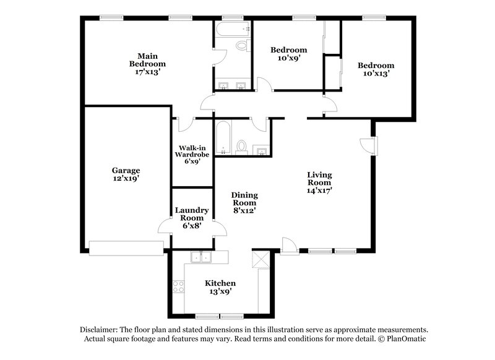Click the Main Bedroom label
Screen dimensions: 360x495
[x=147, y=64]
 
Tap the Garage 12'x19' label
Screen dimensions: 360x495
[x=126, y=174]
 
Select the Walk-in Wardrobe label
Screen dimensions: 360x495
[x=193, y=153]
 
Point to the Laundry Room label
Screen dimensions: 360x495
[x=192, y=218]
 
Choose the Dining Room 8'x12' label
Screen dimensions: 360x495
[x=244, y=202]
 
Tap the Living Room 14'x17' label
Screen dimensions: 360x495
[x=319, y=182]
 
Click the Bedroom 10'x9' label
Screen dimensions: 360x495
[x=290, y=54]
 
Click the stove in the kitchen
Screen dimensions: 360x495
[x=179, y=286]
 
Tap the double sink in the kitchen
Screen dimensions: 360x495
[x=202, y=257]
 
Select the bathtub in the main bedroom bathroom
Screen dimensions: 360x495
[x=232, y=28]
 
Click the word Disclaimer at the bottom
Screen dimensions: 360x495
[x=101, y=330]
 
